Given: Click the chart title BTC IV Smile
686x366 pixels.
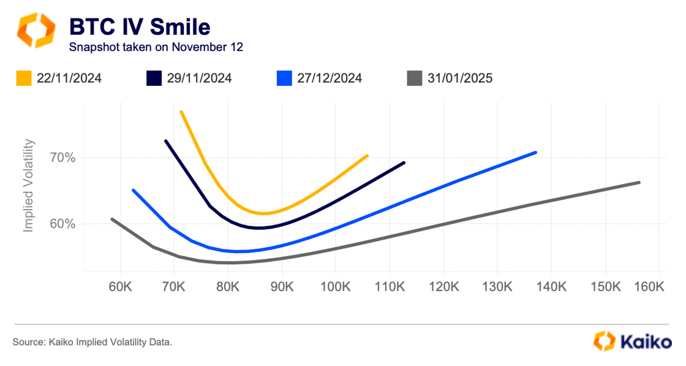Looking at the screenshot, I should tap(140, 27).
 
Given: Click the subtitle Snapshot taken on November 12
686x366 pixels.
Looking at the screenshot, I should tap(156, 47).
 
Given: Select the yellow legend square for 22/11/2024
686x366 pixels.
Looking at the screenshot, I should tap(24, 78).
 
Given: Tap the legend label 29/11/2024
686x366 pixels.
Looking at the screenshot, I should tap(199, 78).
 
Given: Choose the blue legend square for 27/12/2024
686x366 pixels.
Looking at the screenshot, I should tap(284, 78).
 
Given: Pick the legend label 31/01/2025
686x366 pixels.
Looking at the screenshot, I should tap(461, 78).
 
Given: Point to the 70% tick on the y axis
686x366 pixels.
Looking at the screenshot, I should tap(62, 158).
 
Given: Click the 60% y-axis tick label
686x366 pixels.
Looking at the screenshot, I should tap(62, 224).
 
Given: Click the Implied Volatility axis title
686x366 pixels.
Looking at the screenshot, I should tap(28, 186).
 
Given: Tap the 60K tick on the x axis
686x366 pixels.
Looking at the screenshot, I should tap(120, 286).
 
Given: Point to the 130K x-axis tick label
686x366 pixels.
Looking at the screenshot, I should tap(500, 286).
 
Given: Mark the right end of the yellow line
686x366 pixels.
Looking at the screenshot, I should tap(367, 156).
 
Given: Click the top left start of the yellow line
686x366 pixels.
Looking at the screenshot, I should tap(181, 112).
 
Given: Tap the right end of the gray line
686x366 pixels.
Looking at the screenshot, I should tap(639, 182).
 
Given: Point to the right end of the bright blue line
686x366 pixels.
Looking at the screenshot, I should tap(536, 152).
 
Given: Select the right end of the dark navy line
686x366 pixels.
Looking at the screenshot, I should tap(404, 162).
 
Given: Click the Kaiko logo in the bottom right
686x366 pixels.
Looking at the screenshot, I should tap(631, 341).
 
